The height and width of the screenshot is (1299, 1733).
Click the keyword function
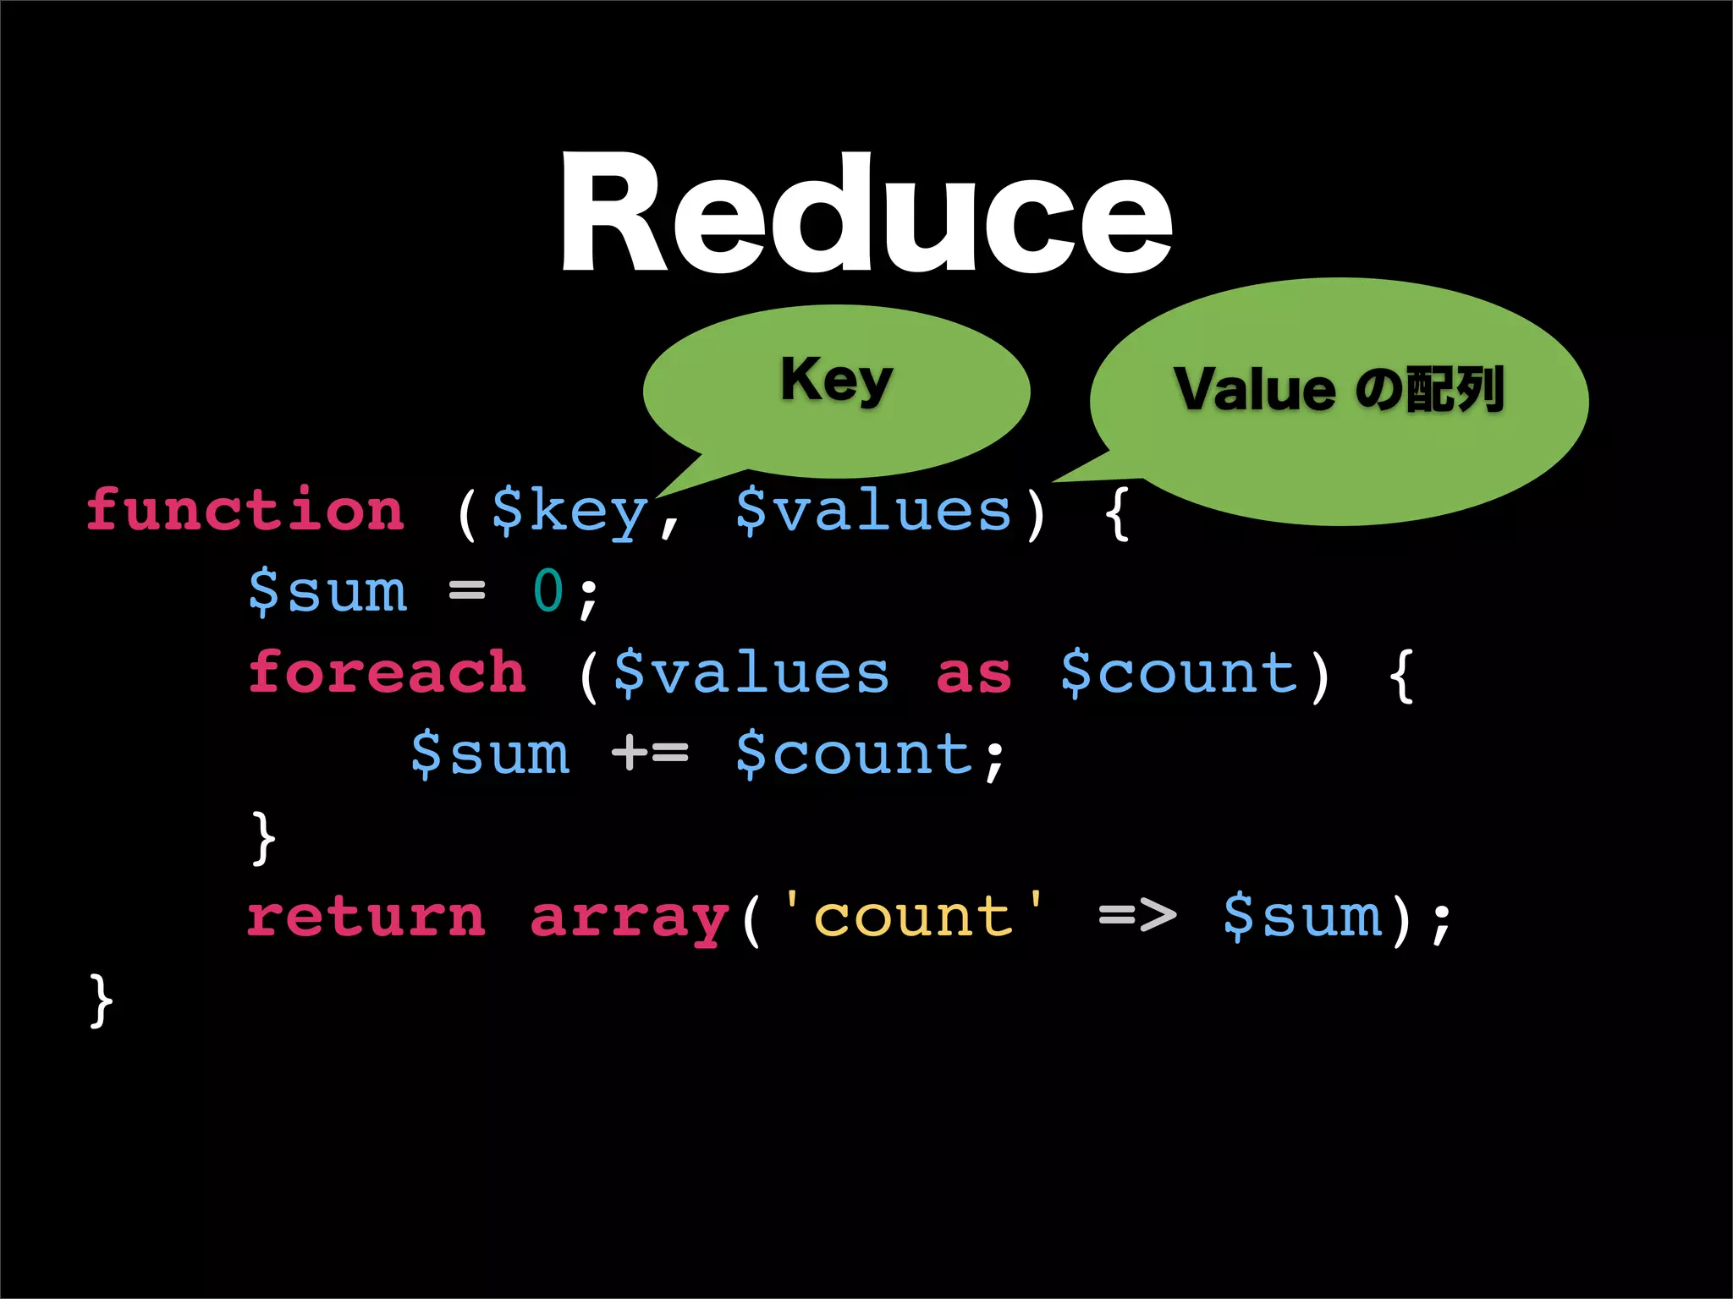pyautogui.click(x=245, y=511)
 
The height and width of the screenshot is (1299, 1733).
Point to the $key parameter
pyautogui.click(x=569, y=512)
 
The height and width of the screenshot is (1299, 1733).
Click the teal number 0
pyautogui.click(x=548, y=590)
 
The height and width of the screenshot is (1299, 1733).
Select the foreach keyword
pyautogui.click(x=387, y=672)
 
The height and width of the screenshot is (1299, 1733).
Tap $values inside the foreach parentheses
pyautogui.click(x=751, y=673)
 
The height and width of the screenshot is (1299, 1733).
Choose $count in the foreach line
pyautogui.click(x=1179, y=673)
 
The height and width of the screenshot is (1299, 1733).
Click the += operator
pyautogui.click(x=650, y=753)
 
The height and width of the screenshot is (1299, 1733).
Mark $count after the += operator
pyautogui.click(x=855, y=754)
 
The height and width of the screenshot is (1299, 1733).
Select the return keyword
pyautogui.click(x=366, y=917)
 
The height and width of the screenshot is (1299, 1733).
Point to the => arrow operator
pyautogui.click(x=1137, y=915)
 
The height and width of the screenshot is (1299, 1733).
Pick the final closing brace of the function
pyautogui.click(x=101, y=1000)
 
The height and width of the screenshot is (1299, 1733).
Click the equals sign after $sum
pyautogui.click(x=467, y=590)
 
